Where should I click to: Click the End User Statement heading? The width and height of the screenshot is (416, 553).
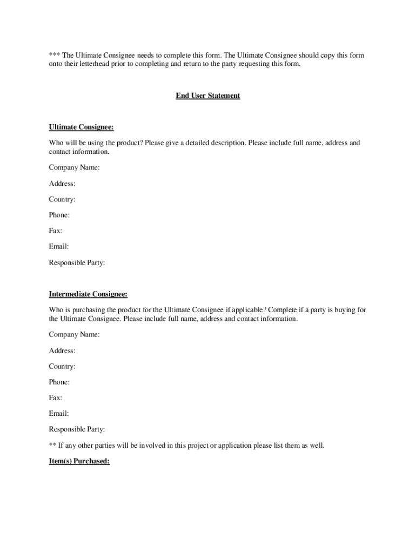coord(208,96)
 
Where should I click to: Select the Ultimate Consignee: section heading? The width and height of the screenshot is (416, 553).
coord(82,127)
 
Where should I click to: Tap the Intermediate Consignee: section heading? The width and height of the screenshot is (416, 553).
coord(89,294)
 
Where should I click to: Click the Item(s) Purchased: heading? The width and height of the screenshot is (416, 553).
coord(79,462)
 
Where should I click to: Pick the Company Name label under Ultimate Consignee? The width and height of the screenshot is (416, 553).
coord(74,168)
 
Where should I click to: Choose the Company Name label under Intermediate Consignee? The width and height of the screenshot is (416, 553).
coord(74,335)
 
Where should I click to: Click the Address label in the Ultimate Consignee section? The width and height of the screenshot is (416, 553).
coord(62,184)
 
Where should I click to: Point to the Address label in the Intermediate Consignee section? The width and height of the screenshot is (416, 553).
coord(62,350)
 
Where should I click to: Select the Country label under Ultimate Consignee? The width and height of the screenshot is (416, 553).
coord(62,199)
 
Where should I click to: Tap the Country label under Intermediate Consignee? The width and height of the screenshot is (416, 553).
coord(62,366)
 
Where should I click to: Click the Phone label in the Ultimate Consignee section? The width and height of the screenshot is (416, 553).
coord(59,215)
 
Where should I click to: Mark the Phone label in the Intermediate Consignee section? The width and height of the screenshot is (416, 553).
coord(59,382)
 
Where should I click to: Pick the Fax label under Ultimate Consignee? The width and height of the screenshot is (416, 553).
coord(56,231)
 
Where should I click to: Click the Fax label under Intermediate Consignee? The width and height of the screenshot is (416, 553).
coord(56,398)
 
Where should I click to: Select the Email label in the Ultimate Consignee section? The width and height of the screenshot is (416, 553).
coord(59,247)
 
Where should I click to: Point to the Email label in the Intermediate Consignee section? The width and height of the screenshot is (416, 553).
coord(59,414)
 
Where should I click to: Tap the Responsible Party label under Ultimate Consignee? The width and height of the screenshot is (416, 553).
coord(77,263)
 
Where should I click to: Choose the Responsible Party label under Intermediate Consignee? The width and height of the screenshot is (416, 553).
coord(77,429)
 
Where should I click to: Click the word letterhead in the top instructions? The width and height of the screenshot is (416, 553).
coord(99,64)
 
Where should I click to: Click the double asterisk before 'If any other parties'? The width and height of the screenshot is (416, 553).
coord(52,446)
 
